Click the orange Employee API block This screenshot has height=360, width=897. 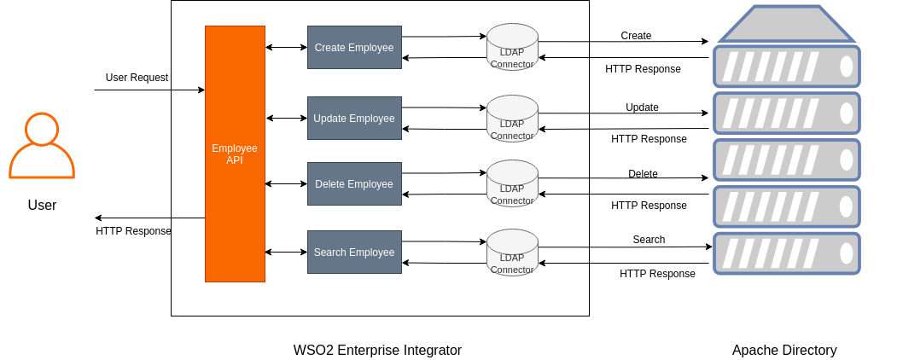click(235, 154)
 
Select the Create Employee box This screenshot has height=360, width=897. click(354, 48)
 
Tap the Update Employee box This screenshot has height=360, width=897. click(354, 119)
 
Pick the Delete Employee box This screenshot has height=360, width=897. click(354, 184)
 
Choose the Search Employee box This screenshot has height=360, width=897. click(354, 253)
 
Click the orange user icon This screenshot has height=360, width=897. click(42, 146)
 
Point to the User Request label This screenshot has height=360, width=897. click(137, 78)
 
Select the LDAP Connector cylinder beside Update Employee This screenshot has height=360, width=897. click(512, 119)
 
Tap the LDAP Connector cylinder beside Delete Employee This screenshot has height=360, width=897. click(512, 183)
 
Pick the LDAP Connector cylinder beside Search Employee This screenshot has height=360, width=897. click(512, 253)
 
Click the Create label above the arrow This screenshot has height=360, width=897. click(636, 36)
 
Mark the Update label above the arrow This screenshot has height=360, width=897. click(642, 107)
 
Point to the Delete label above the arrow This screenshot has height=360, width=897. click(643, 174)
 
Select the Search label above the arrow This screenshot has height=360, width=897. click(649, 240)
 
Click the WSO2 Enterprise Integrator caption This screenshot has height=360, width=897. click(377, 350)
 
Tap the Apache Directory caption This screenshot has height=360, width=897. click(784, 350)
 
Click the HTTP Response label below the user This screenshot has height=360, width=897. click(133, 231)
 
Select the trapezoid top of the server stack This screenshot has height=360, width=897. click(786, 25)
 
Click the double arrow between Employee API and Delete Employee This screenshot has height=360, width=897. click(286, 183)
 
